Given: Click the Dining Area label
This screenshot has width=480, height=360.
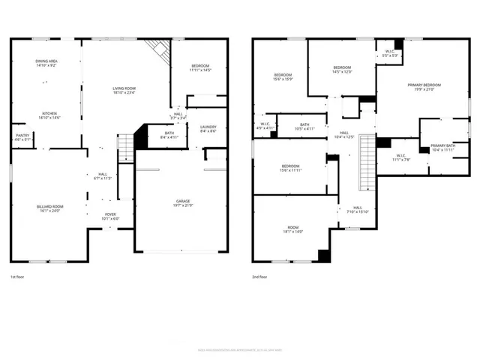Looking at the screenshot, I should (46, 64).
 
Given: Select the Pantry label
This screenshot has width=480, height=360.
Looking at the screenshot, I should (22, 137).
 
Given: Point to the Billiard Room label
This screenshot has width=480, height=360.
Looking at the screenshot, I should (50, 208).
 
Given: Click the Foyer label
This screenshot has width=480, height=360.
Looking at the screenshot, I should (110, 217).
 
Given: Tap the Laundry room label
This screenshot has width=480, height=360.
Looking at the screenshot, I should (208, 130).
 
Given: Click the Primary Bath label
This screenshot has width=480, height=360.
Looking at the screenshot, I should (443, 147).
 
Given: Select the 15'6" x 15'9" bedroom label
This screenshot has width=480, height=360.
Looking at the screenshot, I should (283, 76).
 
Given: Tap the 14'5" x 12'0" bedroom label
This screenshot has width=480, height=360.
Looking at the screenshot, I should (342, 70).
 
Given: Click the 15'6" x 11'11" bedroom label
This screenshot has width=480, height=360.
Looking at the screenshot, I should (291, 169).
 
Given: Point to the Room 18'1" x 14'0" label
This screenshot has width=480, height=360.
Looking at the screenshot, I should (292, 229).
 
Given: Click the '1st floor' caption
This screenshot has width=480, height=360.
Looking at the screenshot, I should (20, 277).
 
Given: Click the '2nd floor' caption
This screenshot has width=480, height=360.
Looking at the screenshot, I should (260, 277).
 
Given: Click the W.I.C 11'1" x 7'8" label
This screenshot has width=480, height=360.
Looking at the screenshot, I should (400, 158).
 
